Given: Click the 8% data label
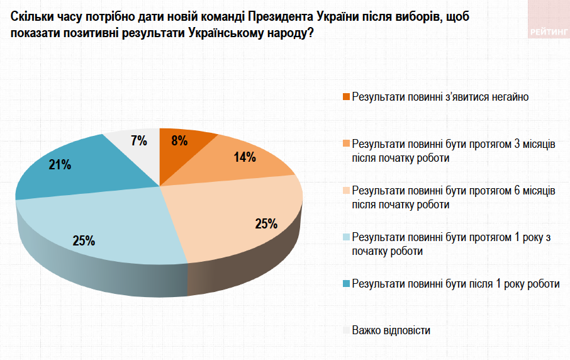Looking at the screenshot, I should tap(180, 141).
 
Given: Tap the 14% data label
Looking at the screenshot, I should tap(245, 157).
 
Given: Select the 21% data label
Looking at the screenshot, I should tap(60, 165).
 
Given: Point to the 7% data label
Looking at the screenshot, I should tap(139, 141).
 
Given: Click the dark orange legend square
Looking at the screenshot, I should tap(346, 97).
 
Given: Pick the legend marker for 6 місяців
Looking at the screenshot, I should tap(346, 191).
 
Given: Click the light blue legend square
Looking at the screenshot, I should tap(346, 237).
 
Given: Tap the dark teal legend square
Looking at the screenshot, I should tap(346, 284).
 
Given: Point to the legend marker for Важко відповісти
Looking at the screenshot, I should tap(346, 330).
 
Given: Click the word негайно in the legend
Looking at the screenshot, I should tap(508, 97).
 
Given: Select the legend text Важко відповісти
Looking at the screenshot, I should tap(391, 330).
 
